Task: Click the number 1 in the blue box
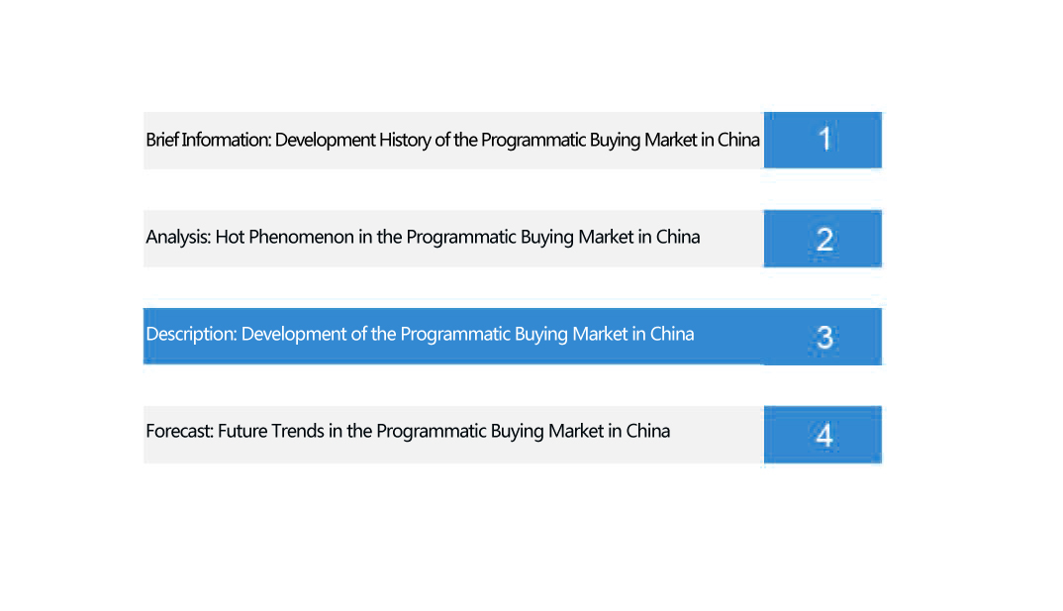coord(824,139)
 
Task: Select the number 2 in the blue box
coord(824,239)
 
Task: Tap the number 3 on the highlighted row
coord(824,337)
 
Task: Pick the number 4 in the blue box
coord(824,435)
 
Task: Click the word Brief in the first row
coord(162,140)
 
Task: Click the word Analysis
coord(178,238)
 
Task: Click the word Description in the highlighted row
coord(191,335)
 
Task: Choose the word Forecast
coord(180,432)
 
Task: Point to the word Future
coord(242,432)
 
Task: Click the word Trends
coord(298,432)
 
